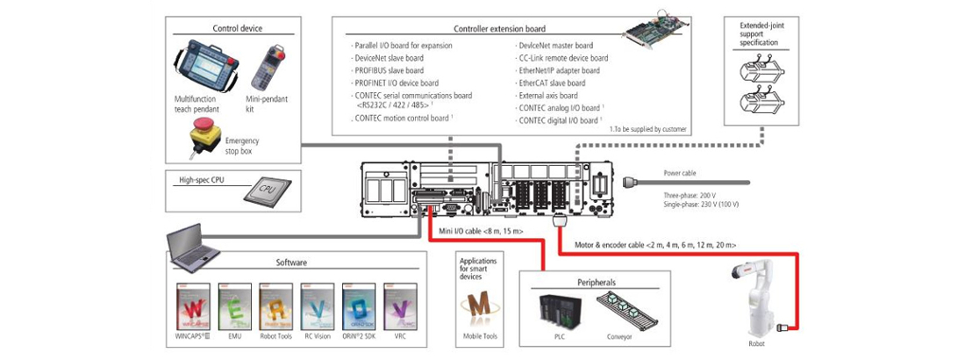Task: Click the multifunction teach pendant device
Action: click(205, 67)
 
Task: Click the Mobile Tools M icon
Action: click(479, 308)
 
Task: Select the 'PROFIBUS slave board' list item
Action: click(389, 70)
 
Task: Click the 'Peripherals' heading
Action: click(596, 283)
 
